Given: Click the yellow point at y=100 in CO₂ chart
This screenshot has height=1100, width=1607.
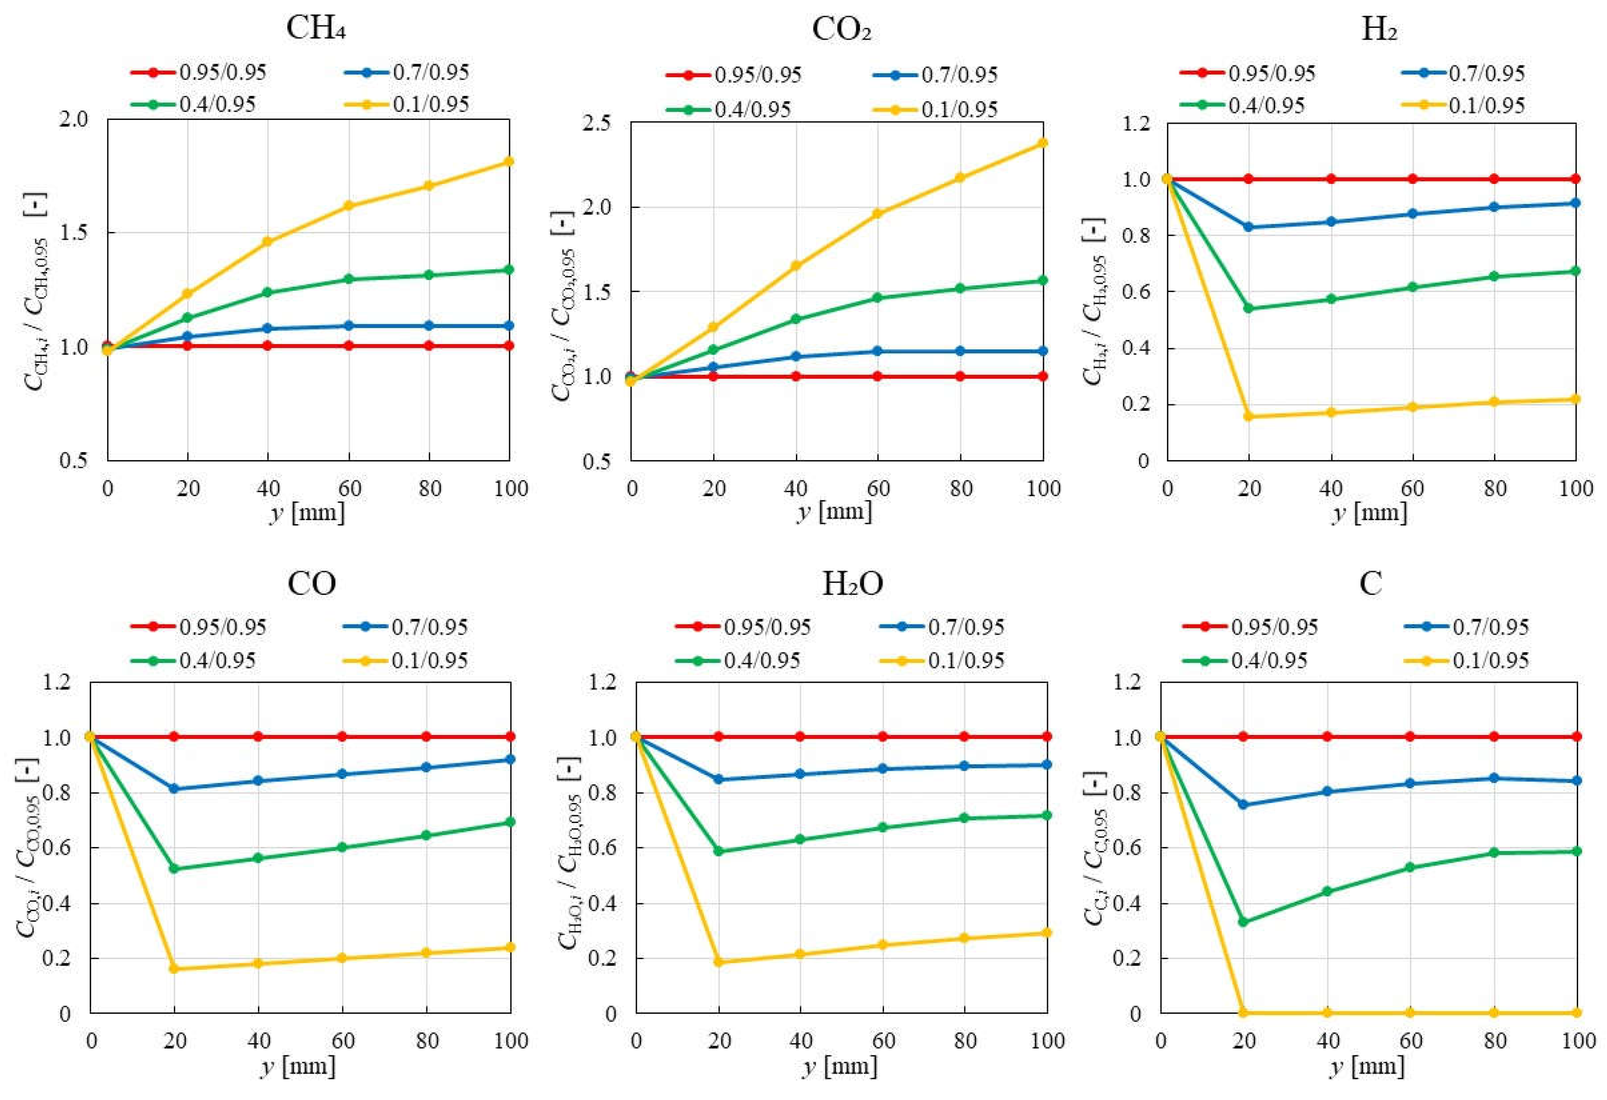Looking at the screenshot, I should point(1043,143).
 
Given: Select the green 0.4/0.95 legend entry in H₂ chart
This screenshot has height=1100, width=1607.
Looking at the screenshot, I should point(1242,106).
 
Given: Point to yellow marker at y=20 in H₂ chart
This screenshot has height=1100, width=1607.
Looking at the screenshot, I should point(1249,416).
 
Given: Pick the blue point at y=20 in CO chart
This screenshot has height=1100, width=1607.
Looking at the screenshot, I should point(174,789).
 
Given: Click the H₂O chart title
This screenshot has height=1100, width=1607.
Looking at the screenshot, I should point(852,585).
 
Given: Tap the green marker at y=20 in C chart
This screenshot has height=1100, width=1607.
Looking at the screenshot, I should point(1243,921).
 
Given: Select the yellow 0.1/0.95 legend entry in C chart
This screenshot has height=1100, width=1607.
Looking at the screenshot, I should point(1467,660).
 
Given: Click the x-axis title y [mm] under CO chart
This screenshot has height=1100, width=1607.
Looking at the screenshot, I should point(299,1066).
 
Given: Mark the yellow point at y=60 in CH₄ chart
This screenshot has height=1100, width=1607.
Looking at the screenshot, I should point(349,206).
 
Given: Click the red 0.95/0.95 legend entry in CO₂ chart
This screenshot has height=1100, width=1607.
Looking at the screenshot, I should point(733,75).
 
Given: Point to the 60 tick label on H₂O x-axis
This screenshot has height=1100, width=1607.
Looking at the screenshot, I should point(883,1040).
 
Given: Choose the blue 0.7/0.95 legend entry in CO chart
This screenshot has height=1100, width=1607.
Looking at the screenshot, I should point(405,627).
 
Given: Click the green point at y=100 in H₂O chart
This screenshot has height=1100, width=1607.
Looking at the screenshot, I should point(1047,815).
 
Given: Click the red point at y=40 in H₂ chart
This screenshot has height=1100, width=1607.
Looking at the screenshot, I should point(1330,179).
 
